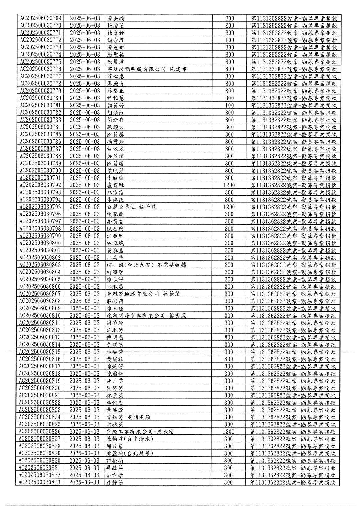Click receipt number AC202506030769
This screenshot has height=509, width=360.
pyautogui.click(x=41, y=18)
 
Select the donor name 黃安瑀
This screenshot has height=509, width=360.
pyautogui.click(x=116, y=18)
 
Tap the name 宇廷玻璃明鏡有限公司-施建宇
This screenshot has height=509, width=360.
pyautogui.click(x=147, y=69)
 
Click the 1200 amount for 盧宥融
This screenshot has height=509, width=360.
pyautogui.click(x=229, y=185)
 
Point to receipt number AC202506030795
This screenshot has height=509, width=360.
pyautogui.click(x=41, y=207)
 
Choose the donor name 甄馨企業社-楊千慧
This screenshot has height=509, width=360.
pyautogui.click(x=131, y=207)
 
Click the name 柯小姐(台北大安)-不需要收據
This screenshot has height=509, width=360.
pyautogui.click(x=146, y=265)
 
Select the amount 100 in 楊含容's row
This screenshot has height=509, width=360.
pyautogui.click(x=230, y=40)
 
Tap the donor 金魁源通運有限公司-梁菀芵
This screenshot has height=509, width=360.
pyautogui.click(x=143, y=294)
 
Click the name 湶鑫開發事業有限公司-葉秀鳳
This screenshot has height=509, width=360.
pyautogui.click(x=146, y=316)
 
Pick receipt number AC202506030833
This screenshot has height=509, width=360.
pyautogui.click(x=40, y=482)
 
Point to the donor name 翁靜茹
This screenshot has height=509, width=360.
pyautogui.click(x=115, y=482)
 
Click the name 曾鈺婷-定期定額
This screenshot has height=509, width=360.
pyautogui.click(x=128, y=417)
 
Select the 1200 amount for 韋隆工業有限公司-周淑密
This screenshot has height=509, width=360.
pyautogui.click(x=228, y=432)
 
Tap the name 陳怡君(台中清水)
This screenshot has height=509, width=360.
pyautogui.click(x=130, y=439)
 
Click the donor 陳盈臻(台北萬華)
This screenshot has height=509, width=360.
pyautogui.click(x=130, y=453)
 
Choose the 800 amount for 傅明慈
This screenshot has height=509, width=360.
pyautogui.click(x=229, y=337)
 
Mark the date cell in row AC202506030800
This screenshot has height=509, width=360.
pyautogui.click(x=85, y=243)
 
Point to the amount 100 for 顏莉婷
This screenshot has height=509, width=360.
pyautogui.click(x=230, y=105)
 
